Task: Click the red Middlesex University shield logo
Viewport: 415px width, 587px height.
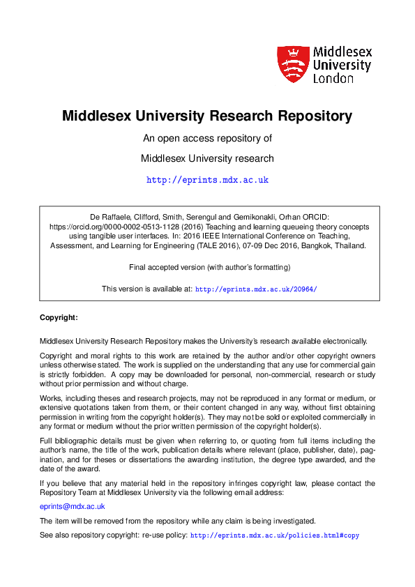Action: pos(292,64)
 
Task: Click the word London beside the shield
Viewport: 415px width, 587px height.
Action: pos(334,78)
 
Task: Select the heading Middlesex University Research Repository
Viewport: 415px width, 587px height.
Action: pos(207,115)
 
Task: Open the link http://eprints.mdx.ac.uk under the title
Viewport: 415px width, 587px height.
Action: pos(207,180)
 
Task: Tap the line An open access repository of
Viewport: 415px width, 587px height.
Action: pos(207,138)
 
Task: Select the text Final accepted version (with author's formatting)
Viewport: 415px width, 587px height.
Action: pos(210,267)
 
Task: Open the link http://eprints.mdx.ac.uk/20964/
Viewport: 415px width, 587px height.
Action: pos(256,289)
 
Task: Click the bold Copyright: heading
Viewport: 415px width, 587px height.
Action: pos(59,317)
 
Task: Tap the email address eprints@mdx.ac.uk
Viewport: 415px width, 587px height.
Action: pos(73,507)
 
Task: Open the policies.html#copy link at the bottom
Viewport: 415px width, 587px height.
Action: pos(275,535)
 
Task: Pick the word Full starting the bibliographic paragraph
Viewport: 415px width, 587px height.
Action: pos(47,441)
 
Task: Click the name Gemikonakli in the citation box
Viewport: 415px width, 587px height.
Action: pos(285,217)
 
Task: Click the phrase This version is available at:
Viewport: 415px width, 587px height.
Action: pos(146,289)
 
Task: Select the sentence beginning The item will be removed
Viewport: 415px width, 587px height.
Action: pos(177,521)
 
